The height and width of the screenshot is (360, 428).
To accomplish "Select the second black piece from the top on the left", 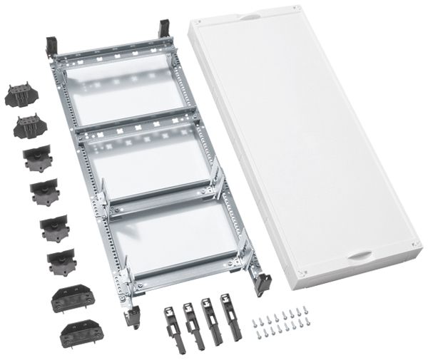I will pyautogui.click(x=27, y=128).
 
